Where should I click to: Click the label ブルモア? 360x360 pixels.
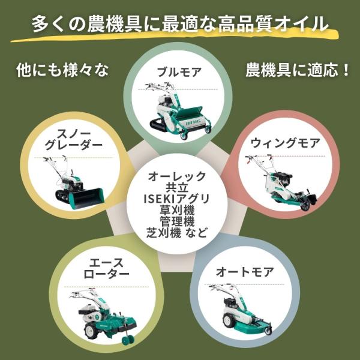[x=179, y=72]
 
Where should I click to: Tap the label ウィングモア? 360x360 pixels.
[x=285, y=143]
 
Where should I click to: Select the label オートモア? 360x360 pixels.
[x=245, y=272]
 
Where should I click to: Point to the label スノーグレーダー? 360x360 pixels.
[x=73, y=139]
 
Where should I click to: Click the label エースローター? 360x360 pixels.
[x=106, y=268]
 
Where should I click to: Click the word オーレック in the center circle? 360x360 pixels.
[x=177, y=176]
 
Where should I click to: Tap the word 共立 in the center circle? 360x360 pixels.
[x=177, y=188]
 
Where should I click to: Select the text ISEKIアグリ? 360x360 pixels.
[x=176, y=199]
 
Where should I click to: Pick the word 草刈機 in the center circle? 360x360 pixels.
[x=177, y=210]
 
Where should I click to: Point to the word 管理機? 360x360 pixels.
[x=177, y=221]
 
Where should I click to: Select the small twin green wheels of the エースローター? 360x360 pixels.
[x=128, y=340]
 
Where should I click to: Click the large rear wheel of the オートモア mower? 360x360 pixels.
[x=229, y=320]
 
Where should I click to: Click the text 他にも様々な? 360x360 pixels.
[x=62, y=70]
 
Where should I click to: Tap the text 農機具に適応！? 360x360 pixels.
[x=298, y=70]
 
